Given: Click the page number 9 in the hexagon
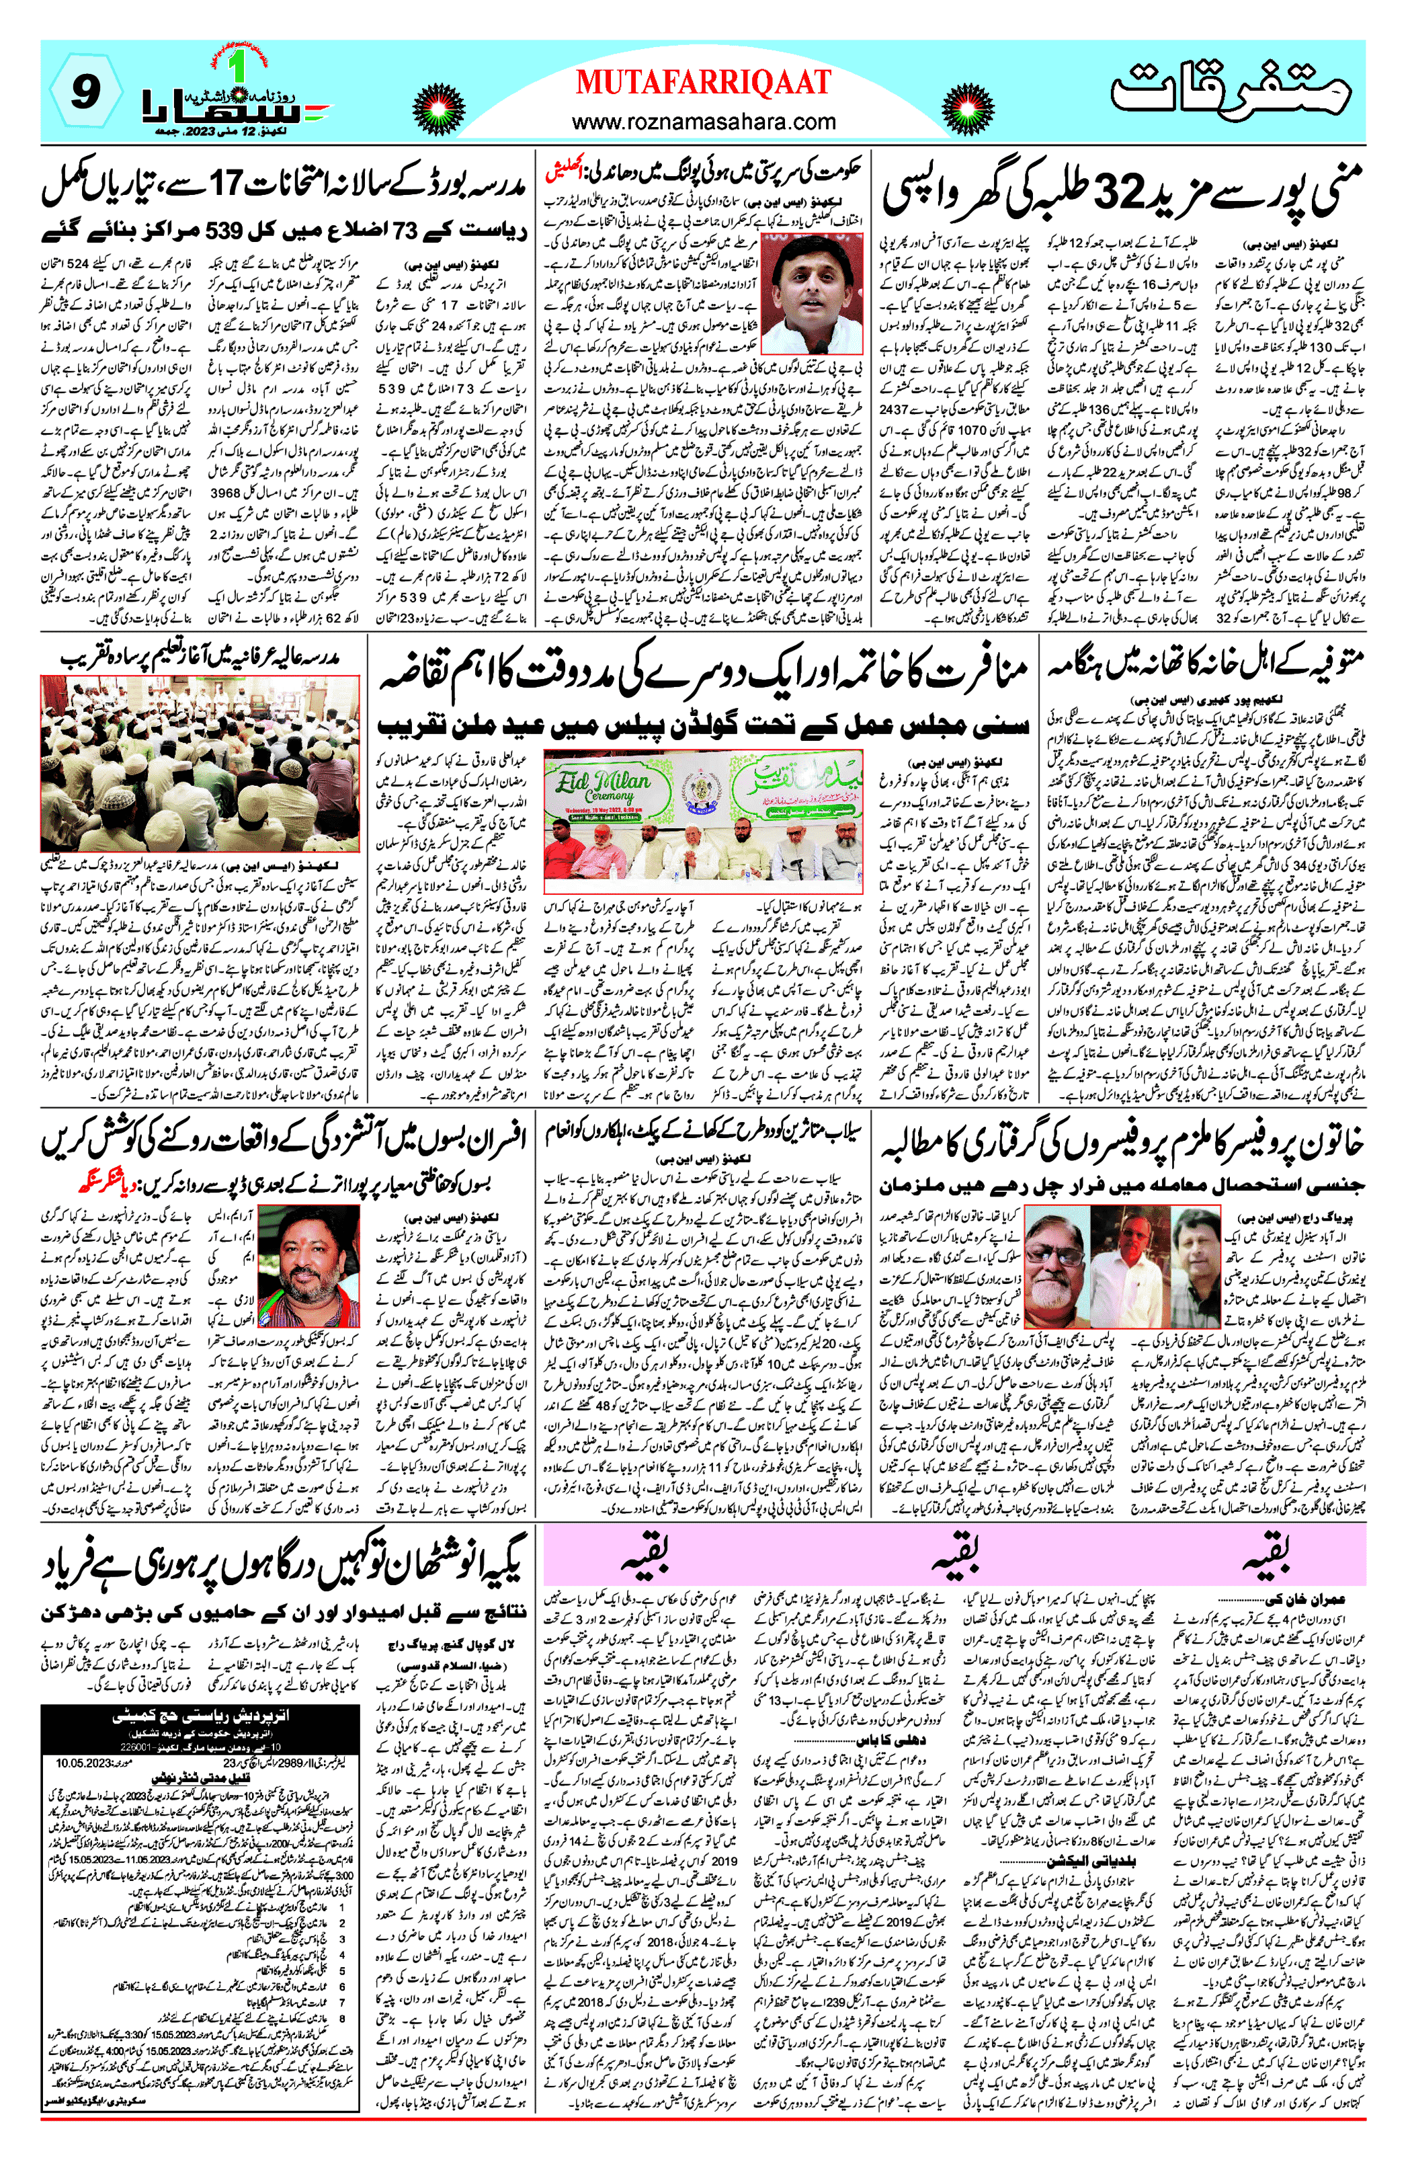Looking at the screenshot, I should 85,91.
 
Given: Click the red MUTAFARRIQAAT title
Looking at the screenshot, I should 703,82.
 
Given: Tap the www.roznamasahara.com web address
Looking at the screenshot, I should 703,121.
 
